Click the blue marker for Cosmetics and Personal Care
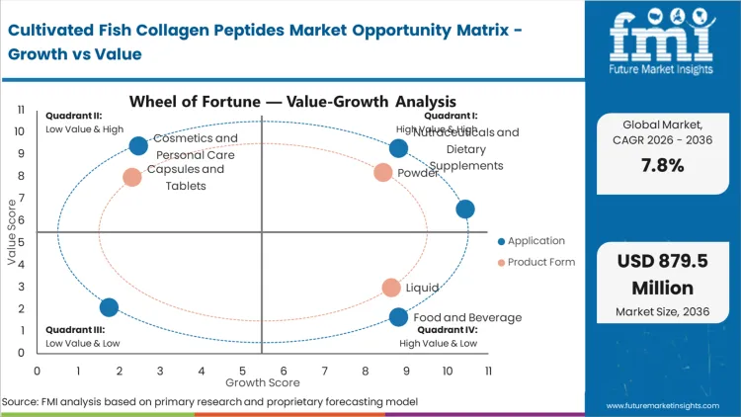[x=138, y=146]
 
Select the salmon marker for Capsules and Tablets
[x=132, y=178]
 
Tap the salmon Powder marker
[x=383, y=173]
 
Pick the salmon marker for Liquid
[x=392, y=288]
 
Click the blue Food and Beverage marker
[x=398, y=317]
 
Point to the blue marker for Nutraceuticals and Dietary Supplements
[x=398, y=148]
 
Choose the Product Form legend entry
[x=535, y=262]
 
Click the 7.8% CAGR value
[x=662, y=165]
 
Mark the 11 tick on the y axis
[x=20, y=111]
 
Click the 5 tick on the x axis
[x=243, y=371]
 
